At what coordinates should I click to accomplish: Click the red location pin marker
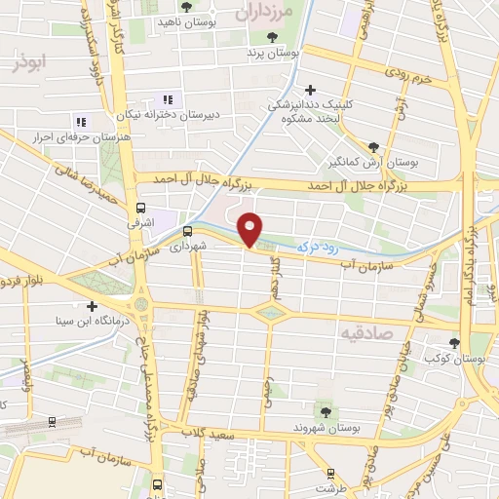coord(250,228)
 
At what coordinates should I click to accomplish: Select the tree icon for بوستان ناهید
coord(185,7)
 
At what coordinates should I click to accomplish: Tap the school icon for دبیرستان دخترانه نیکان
coord(167,99)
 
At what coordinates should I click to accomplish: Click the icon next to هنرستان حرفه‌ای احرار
coord(80,123)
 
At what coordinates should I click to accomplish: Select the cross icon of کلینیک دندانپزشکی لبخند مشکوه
coord(310,90)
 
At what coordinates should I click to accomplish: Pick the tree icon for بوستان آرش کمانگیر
coord(374,147)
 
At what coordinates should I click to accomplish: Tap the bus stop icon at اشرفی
coord(142,208)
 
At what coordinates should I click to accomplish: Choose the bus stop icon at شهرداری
coord(187,231)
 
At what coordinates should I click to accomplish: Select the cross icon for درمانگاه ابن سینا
coord(93,305)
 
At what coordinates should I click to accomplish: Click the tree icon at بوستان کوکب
coord(455,342)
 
